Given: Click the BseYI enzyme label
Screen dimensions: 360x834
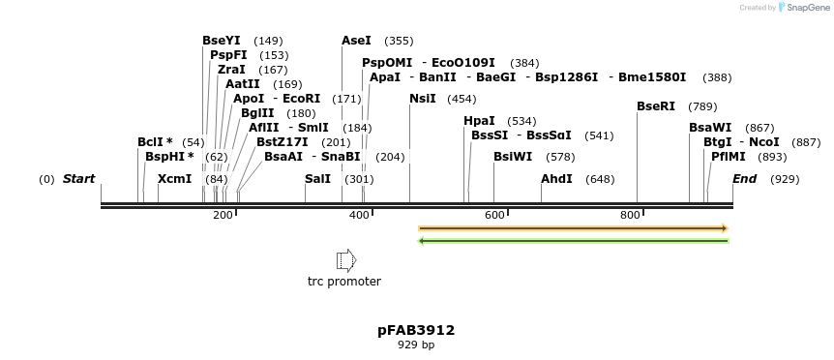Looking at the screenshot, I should tap(222, 41).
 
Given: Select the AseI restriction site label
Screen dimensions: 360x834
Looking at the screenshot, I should tap(356, 41).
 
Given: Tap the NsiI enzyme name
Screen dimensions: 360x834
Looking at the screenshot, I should tap(423, 99).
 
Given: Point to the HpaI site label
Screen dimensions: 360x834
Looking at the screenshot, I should tap(479, 121).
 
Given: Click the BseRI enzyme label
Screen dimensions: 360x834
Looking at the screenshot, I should tap(656, 106).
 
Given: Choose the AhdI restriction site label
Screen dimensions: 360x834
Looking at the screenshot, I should tap(556, 179).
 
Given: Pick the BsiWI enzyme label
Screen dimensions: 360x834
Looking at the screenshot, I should tap(513, 157).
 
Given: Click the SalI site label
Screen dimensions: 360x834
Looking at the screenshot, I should tap(317, 179).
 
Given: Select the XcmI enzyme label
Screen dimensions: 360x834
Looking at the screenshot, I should tap(175, 179).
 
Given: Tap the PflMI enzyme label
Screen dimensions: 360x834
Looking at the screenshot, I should tap(729, 157).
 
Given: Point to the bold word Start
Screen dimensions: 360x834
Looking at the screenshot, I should tap(79, 179).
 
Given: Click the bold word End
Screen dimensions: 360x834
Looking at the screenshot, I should tap(745, 179).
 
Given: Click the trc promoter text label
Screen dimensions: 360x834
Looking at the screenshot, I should tap(344, 282).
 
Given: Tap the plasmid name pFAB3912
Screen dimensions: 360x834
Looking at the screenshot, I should tap(416, 330).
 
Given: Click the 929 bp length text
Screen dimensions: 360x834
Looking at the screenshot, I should tap(416, 345).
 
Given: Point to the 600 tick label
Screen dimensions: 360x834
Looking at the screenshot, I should tap(494, 215).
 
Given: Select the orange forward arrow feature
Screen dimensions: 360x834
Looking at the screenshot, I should tap(573, 228).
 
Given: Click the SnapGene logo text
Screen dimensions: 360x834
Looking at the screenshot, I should tap(807, 8).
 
